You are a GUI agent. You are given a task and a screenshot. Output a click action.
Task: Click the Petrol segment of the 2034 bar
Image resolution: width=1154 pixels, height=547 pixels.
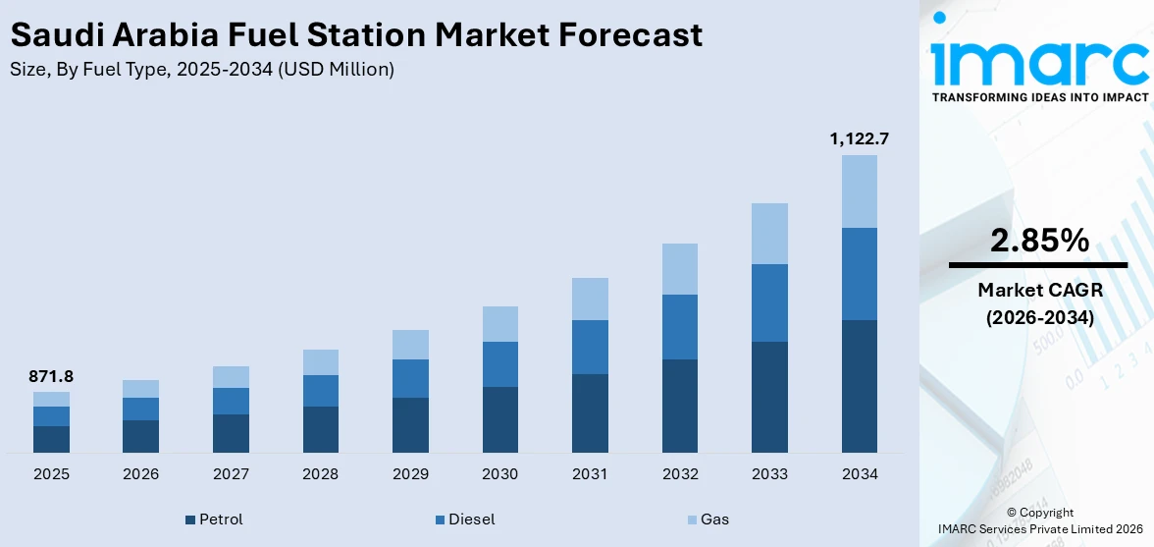pyautogui.click(x=859, y=386)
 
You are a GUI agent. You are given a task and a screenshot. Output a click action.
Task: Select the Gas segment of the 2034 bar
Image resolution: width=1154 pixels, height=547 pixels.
pyautogui.click(x=859, y=191)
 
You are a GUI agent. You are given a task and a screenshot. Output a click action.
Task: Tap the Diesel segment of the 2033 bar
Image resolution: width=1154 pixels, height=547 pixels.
pyautogui.click(x=769, y=302)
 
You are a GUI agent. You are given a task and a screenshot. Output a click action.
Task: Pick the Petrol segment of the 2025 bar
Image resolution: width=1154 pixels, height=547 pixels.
pyautogui.click(x=51, y=439)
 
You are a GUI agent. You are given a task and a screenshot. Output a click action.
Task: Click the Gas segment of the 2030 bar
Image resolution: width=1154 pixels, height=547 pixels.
pyautogui.click(x=499, y=323)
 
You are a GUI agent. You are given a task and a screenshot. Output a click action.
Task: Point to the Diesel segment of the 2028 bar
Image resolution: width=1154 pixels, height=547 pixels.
pyautogui.click(x=321, y=390)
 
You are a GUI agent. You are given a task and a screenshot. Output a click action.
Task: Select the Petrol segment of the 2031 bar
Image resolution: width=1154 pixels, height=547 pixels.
pyautogui.click(x=590, y=412)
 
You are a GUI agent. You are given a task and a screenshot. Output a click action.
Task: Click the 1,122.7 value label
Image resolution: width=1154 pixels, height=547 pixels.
pyautogui.click(x=859, y=138)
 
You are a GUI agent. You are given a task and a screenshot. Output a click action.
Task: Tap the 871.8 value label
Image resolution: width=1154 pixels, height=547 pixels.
pyautogui.click(x=51, y=376)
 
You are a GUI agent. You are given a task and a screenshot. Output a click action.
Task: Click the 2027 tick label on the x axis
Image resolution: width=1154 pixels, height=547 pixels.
pyautogui.click(x=231, y=474)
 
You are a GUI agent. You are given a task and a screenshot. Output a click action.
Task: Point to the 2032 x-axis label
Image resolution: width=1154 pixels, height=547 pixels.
pyautogui.click(x=679, y=474)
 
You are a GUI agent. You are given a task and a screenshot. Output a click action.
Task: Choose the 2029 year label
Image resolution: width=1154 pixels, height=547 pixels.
pyautogui.click(x=410, y=474)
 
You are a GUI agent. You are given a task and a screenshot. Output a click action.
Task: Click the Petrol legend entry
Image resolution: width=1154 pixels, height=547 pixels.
pyautogui.click(x=214, y=520)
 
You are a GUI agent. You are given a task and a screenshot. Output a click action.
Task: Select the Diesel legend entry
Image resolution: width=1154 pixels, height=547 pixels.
pyautogui.click(x=465, y=520)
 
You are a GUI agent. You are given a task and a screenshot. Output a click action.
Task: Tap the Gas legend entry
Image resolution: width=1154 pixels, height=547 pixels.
pyautogui.click(x=708, y=520)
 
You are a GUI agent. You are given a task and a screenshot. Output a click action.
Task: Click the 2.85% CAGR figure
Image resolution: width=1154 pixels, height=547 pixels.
pyautogui.click(x=1039, y=241)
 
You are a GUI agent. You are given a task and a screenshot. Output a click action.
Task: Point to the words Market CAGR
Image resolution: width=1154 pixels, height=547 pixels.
pyautogui.click(x=1039, y=290)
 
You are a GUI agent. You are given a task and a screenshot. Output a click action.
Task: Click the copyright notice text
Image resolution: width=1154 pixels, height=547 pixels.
pyautogui.click(x=1039, y=520)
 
